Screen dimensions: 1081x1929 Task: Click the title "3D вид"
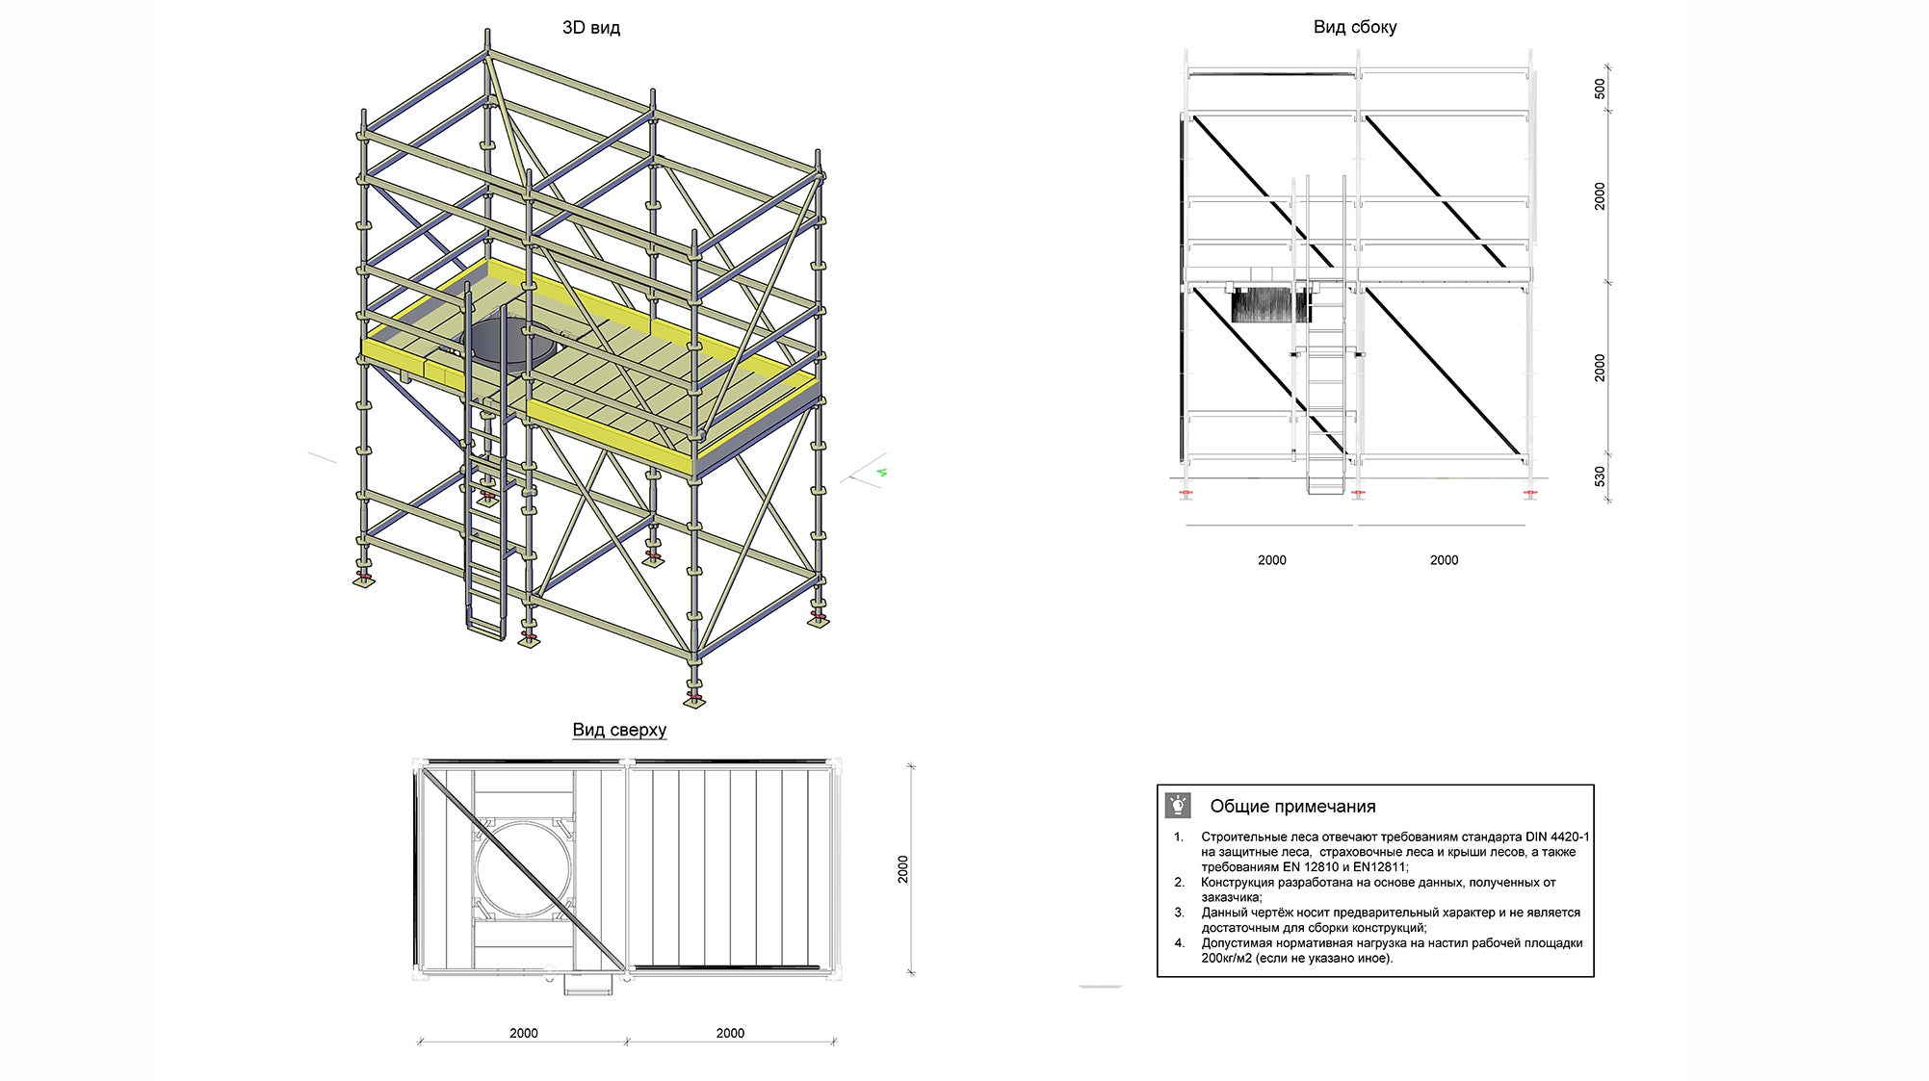(x=590, y=28)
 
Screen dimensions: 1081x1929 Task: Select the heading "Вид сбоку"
(x=1354, y=27)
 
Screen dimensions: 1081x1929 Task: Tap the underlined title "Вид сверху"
(x=619, y=730)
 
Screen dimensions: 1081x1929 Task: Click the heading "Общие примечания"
(x=1291, y=807)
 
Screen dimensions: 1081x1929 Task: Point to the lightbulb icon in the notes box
(x=1178, y=805)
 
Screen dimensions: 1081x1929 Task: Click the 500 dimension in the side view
(x=1600, y=89)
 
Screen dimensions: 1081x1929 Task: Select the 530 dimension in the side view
(x=1600, y=476)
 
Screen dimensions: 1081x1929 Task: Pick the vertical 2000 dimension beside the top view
(x=902, y=869)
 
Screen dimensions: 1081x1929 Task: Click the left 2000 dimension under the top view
(x=523, y=1033)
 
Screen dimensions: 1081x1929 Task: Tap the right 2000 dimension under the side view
(x=1444, y=560)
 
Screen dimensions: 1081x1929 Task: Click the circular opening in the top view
(x=523, y=869)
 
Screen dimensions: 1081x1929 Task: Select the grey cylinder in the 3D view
(x=501, y=342)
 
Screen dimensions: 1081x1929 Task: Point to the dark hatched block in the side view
(x=1270, y=306)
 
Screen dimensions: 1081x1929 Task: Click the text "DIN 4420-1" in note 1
(x=1557, y=836)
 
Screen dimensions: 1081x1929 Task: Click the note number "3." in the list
(x=1179, y=913)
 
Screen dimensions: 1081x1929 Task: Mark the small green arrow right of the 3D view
(x=881, y=473)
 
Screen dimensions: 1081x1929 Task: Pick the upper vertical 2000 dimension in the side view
(x=1600, y=196)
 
